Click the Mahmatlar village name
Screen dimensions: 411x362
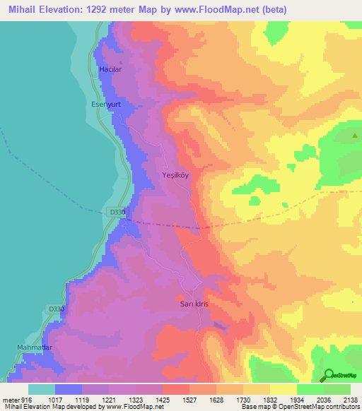[35, 348]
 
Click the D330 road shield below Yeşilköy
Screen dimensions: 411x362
[117, 212]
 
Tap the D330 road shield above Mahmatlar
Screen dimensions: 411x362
[57, 309]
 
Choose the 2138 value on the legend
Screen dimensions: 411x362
[350, 399]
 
